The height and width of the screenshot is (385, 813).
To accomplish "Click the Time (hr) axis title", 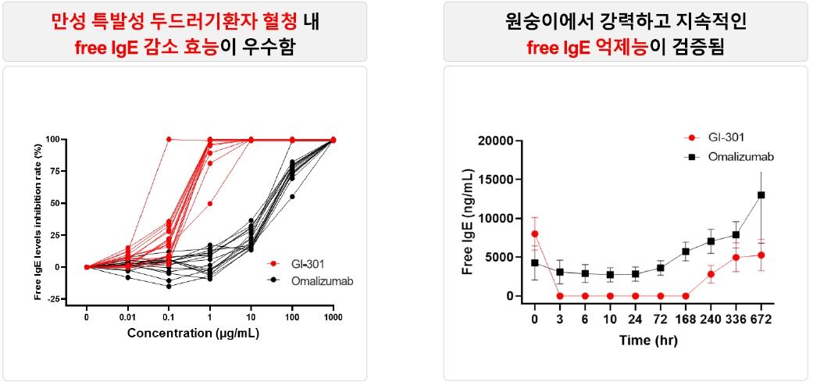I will (x=647, y=340).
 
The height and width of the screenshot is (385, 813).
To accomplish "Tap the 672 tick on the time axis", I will (x=761, y=319).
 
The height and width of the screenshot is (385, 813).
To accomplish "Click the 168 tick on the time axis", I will (x=686, y=319).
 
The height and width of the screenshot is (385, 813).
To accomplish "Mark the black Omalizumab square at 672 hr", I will (x=761, y=194).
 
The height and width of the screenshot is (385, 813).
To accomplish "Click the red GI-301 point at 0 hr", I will (x=535, y=233).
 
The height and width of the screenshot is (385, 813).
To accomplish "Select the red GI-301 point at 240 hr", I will (x=711, y=274).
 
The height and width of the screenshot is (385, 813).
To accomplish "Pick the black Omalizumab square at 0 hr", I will (x=535, y=263).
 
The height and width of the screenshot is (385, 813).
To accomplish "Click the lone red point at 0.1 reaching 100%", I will (x=169, y=139).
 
